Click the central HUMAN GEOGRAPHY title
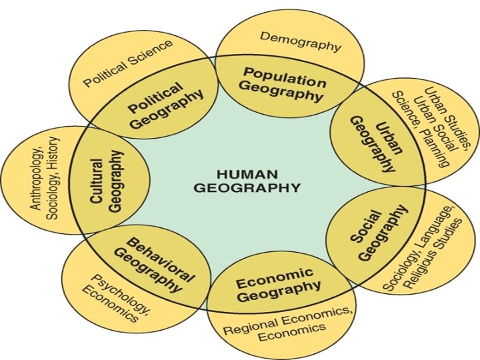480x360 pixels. click(247, 180)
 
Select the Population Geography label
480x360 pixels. click(283, 83)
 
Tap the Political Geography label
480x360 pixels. click(166, 105)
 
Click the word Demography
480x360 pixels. click(300, 41)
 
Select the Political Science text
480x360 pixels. click(127, 63)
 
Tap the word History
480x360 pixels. click(55, 153)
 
